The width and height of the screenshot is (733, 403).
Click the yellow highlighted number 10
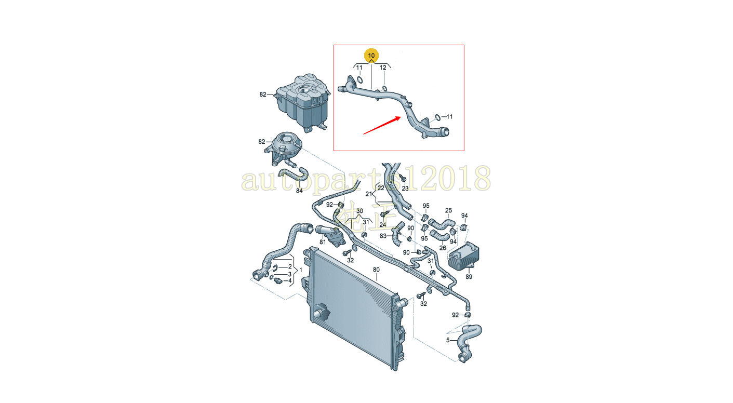click(371, 55)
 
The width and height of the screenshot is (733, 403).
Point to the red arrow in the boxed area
click(382, 125)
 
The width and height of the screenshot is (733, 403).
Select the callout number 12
click(383, 68)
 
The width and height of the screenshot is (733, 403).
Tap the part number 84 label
click(299, 191)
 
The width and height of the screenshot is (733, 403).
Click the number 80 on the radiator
click(376, 270)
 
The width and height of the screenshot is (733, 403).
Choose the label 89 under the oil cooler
click(469, 277)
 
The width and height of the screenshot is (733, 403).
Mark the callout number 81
click(323, 241)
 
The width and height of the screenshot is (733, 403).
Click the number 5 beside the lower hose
click(448, 340)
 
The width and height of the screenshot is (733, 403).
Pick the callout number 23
click(405, 188)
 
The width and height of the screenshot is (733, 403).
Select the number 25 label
click(449, 210)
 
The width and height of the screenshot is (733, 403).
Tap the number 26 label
click(442, 248)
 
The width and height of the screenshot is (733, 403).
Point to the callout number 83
click(383, 236)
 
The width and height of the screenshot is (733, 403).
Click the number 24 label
click(382, 224)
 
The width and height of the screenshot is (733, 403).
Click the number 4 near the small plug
click(290, 281)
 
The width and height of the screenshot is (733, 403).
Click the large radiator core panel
click(353, 306)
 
